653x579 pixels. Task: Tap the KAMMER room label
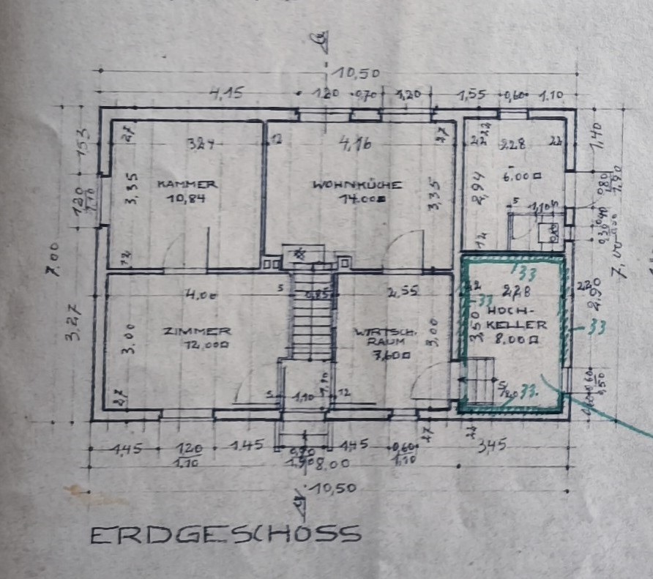186,184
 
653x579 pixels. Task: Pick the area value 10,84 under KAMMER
186,198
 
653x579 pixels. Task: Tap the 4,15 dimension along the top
226,93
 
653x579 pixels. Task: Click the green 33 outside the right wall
596,328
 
